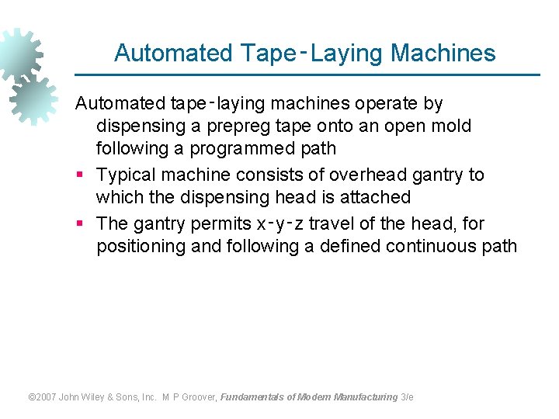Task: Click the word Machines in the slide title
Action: pos(443,53)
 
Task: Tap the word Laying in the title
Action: pos(347,53)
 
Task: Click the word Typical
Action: pos(127,175)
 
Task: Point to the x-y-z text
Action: pos(281,223)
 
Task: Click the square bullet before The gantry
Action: pos(80,224)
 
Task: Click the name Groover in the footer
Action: pos(199,397)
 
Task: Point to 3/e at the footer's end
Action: pos(407,397)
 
